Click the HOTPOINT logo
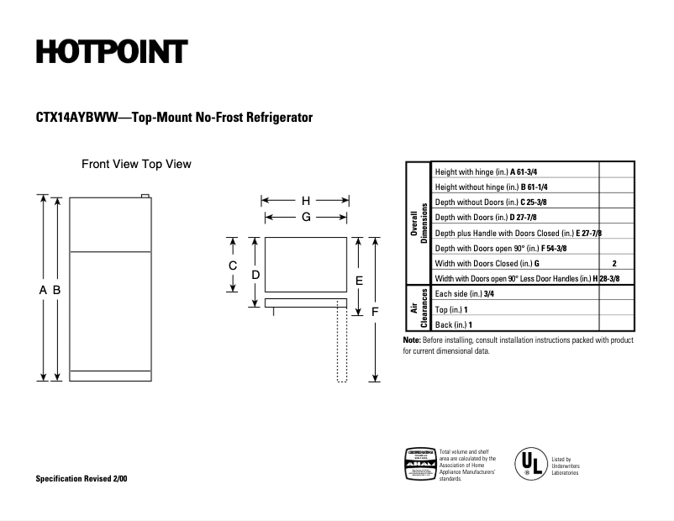pos(111,52)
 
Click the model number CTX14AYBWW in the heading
pos(71,118)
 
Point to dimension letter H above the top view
pos(306,201)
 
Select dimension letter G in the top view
pos(306,217)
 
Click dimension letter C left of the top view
pos(234,266)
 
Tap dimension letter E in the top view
pos(359,280)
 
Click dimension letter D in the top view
pos(255,275)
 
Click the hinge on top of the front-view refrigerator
pos(146,197)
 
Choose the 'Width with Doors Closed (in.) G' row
pos(487,263)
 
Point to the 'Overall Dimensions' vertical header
pos(418,223)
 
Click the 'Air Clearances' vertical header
pos(418,308)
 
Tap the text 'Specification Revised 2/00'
pos(82,478)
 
